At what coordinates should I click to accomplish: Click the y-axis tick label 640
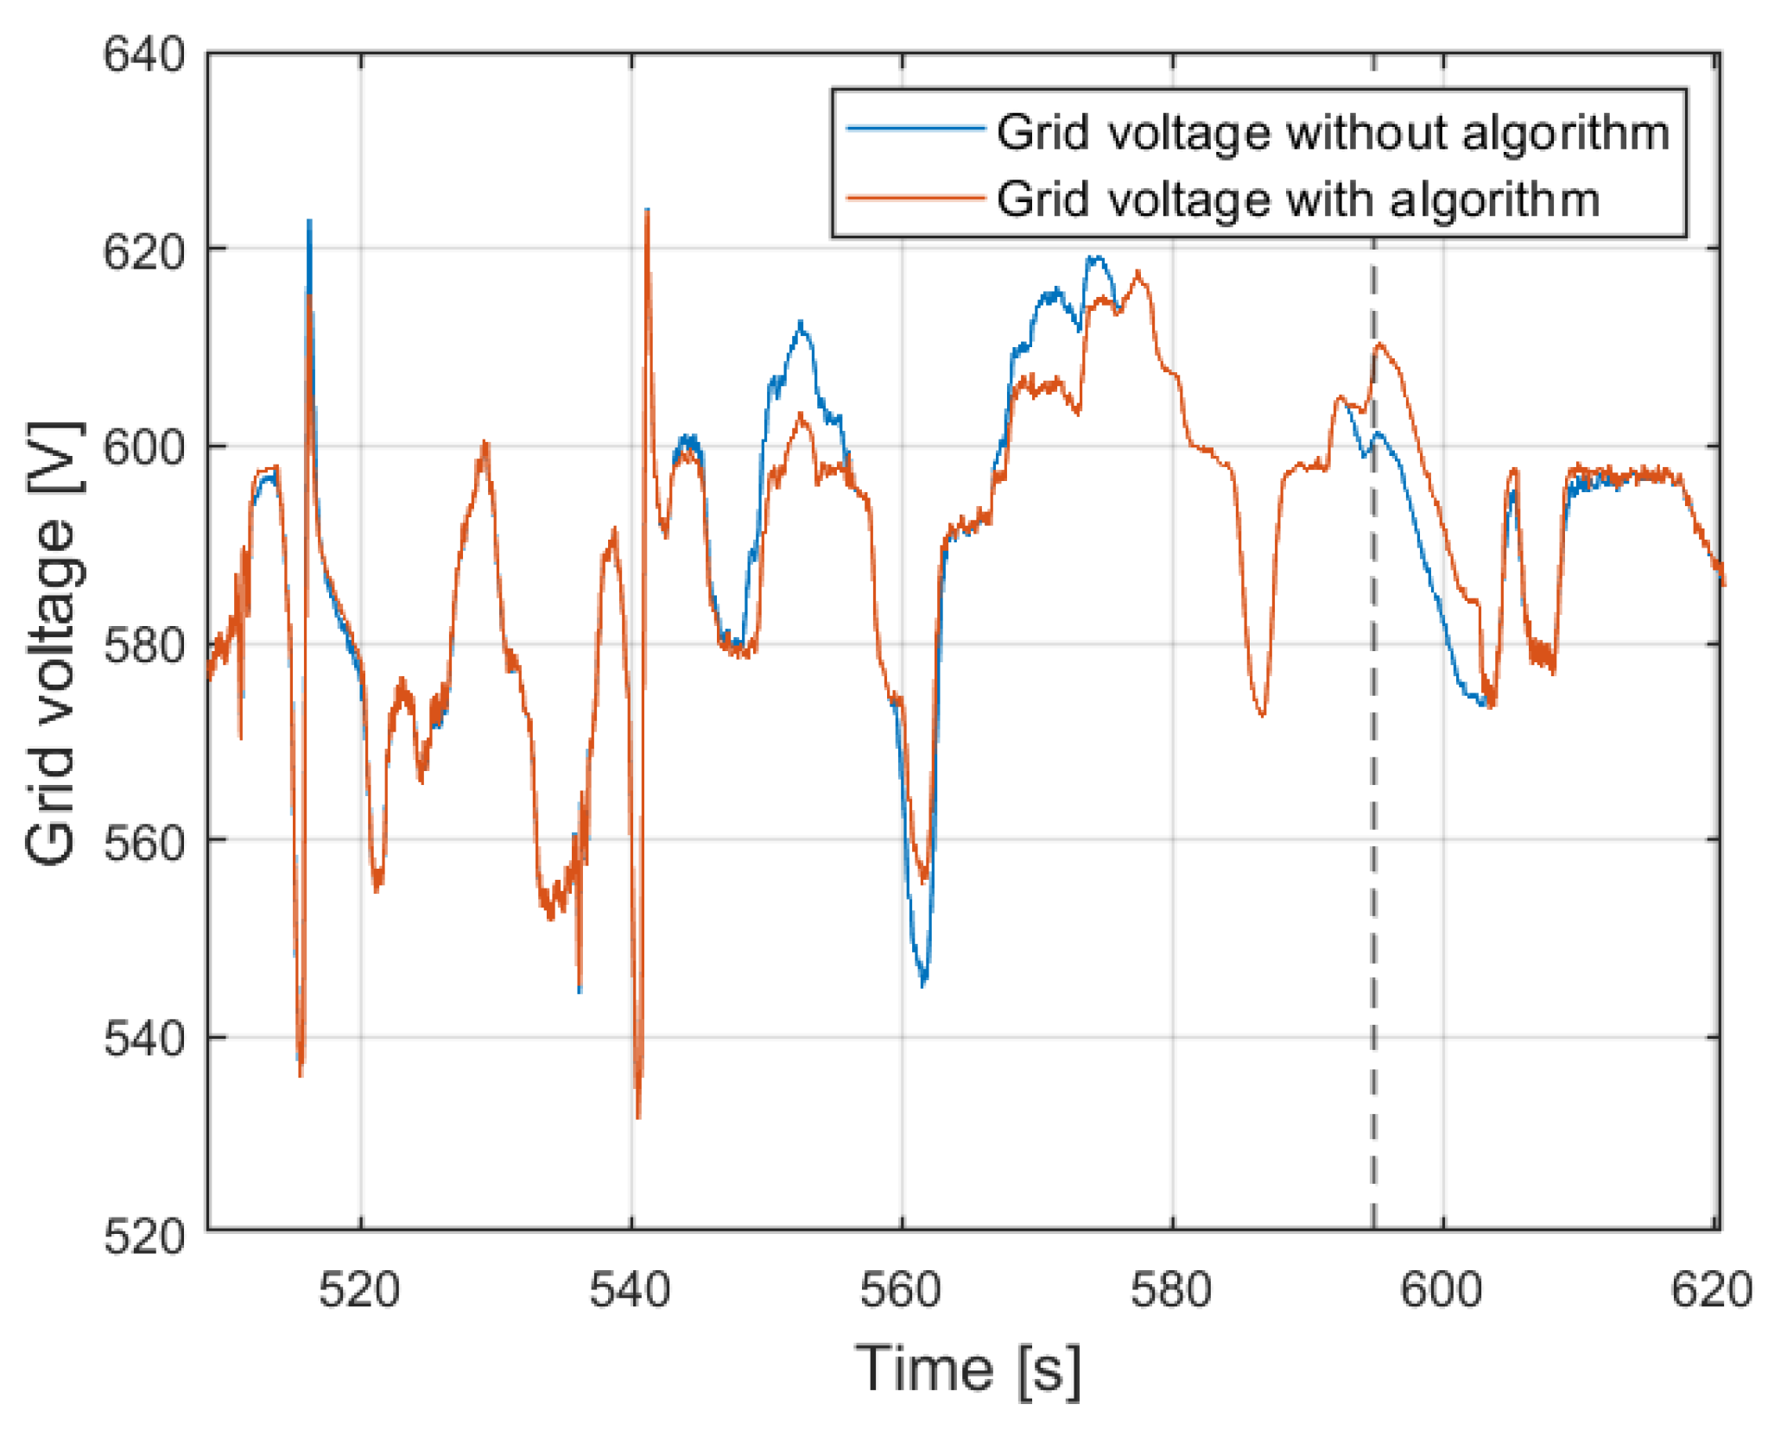point(144,55)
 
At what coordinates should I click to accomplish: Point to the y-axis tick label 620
point(144,253)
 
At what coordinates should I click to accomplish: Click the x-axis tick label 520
point(359,1291)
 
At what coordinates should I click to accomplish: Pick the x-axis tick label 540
point(630,1291)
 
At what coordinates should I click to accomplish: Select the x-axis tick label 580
point(1171,1291)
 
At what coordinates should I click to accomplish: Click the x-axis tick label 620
point(1711,1291)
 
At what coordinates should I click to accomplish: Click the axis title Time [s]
point(967,1370)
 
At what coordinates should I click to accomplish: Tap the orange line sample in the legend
point(916,198)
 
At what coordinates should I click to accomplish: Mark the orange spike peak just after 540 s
point(647,212)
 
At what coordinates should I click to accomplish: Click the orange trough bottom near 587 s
point(1263,714)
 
